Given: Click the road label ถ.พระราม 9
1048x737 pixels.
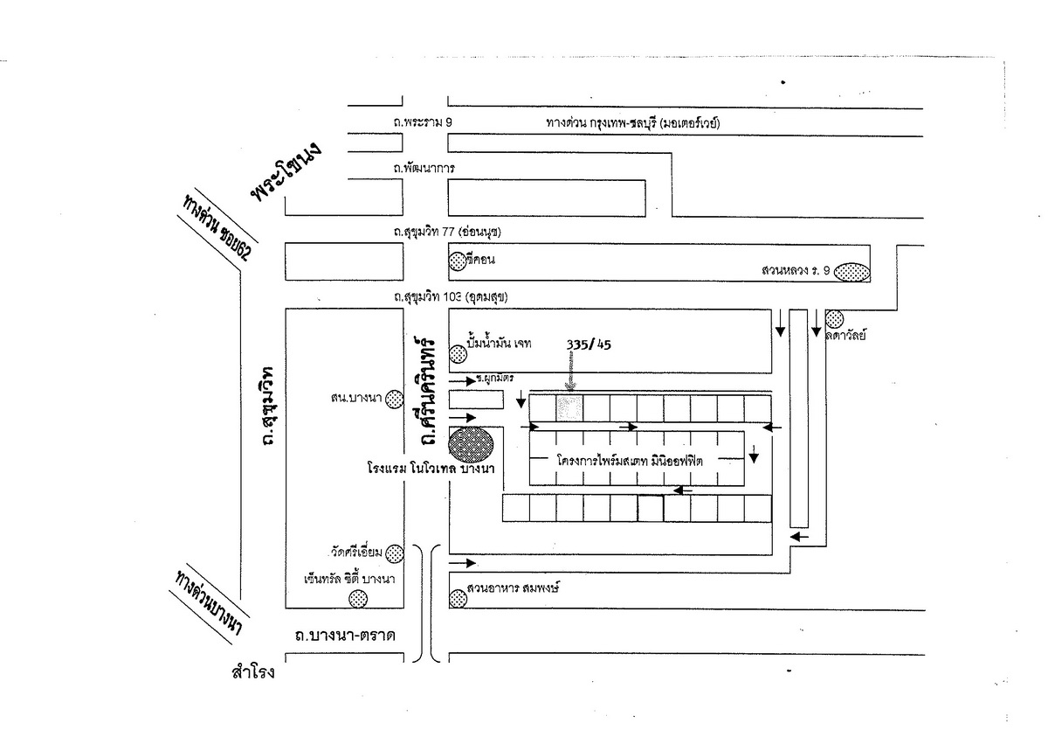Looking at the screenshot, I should pos(423,123).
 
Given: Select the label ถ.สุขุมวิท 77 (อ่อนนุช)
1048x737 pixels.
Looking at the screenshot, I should pos(452,233).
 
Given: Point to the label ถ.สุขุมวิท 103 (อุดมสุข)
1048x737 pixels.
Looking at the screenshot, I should pos(451,297).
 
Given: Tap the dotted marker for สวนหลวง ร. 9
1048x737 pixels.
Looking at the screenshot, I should pos(852,273).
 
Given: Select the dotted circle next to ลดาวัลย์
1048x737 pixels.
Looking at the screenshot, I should pos(834,318).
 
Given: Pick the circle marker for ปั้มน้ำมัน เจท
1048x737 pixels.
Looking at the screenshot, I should pos(458,354).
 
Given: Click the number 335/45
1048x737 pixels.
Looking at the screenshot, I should pos(589,344).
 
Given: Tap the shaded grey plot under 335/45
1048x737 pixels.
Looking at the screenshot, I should pos(569,407).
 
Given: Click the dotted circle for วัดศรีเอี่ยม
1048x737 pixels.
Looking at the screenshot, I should pos(396,552).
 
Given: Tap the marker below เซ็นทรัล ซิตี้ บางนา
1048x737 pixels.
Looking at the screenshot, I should pos(358,598).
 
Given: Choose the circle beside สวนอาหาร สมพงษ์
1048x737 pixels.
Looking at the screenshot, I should pos(457,598).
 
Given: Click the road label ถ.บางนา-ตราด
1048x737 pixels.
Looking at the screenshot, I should pos(346,636).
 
